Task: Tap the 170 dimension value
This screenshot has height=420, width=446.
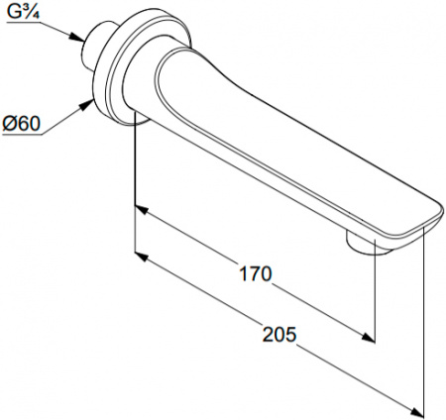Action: (x=256, y=273)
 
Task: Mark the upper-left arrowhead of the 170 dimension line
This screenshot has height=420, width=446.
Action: (x=140, y=211)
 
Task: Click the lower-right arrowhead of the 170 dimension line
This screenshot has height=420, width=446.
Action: (x=371, y=337)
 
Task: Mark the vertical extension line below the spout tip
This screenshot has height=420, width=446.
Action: (x=424, y=317)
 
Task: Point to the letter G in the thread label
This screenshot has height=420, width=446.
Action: (x=15, y=13)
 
